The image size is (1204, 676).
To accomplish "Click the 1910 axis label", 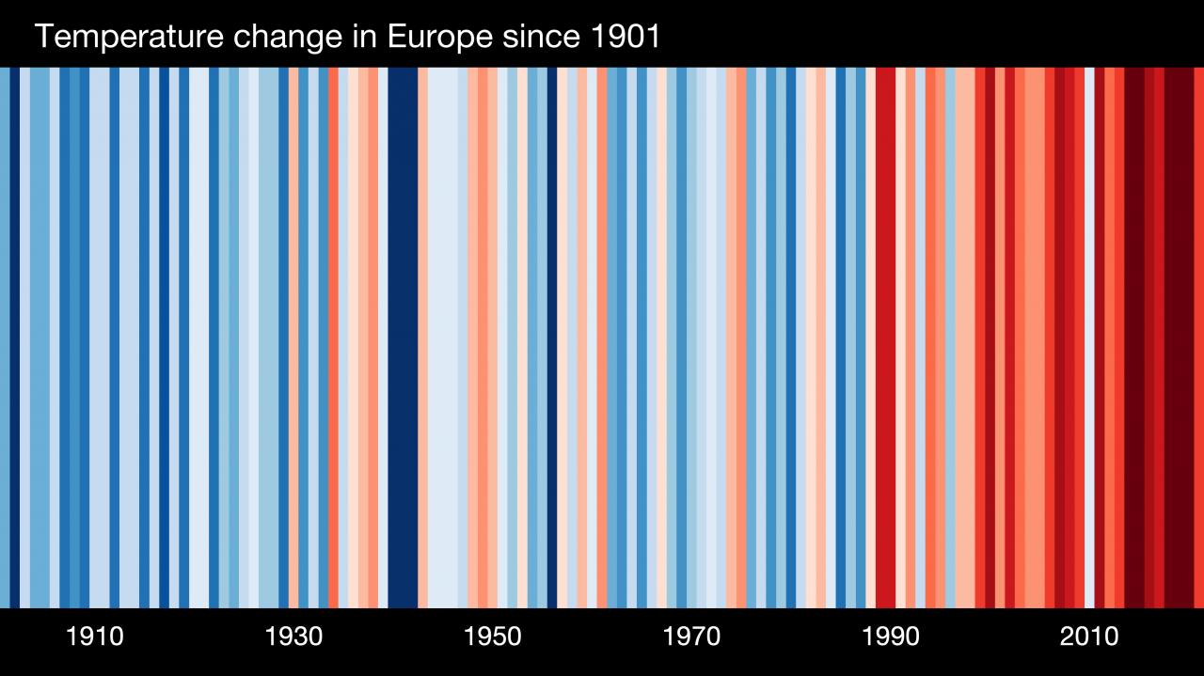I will [x=95, y=637].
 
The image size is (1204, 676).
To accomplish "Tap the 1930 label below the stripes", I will [x=293, y=637].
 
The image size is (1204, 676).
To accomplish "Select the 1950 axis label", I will [x=493, y=637].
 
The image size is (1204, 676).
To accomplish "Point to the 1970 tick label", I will [x=691, y=637].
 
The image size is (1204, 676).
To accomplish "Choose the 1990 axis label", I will [x=891, y=637].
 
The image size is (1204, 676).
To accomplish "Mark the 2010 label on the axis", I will [x=1089, y=637].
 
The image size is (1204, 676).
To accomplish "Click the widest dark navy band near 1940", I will [x=403, y=338].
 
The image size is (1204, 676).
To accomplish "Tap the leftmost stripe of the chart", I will [x=4, y=338].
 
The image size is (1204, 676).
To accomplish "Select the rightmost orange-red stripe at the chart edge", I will [x=1198, y=338].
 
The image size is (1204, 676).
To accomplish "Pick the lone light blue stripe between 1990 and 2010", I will [x=950, y=338].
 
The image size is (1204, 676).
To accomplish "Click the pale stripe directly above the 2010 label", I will [x=1089, y=338].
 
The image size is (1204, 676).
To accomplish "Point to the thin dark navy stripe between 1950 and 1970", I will [x=552, y=338].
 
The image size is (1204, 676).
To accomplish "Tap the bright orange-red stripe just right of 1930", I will [x=333, y=338].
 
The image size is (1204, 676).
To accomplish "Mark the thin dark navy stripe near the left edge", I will [x=15, y=338].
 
